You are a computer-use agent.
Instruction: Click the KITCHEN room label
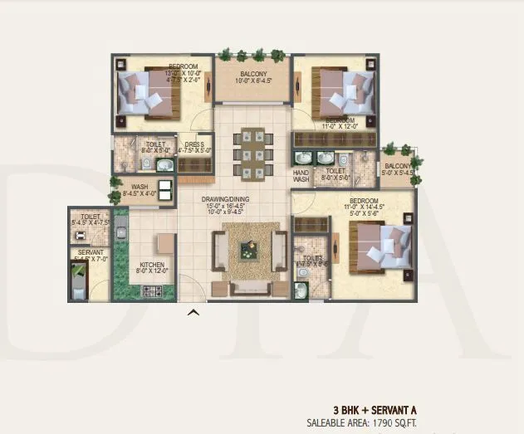click(153, 266)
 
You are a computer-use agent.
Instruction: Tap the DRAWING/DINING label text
click(225, 200)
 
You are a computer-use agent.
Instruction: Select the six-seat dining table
click(248, 152)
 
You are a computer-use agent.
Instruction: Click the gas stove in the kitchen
click(153, 291)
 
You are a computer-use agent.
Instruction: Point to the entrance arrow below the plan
click(193, 313)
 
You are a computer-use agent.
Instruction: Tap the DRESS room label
click(195, 144)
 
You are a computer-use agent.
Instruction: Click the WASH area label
click(140, 188)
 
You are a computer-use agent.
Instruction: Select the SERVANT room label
click(91, 252)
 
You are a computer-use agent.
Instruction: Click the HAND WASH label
click(301, 173)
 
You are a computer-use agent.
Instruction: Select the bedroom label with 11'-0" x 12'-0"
click(340, 122)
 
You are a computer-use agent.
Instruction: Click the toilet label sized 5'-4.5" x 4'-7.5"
click(91, 219)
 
